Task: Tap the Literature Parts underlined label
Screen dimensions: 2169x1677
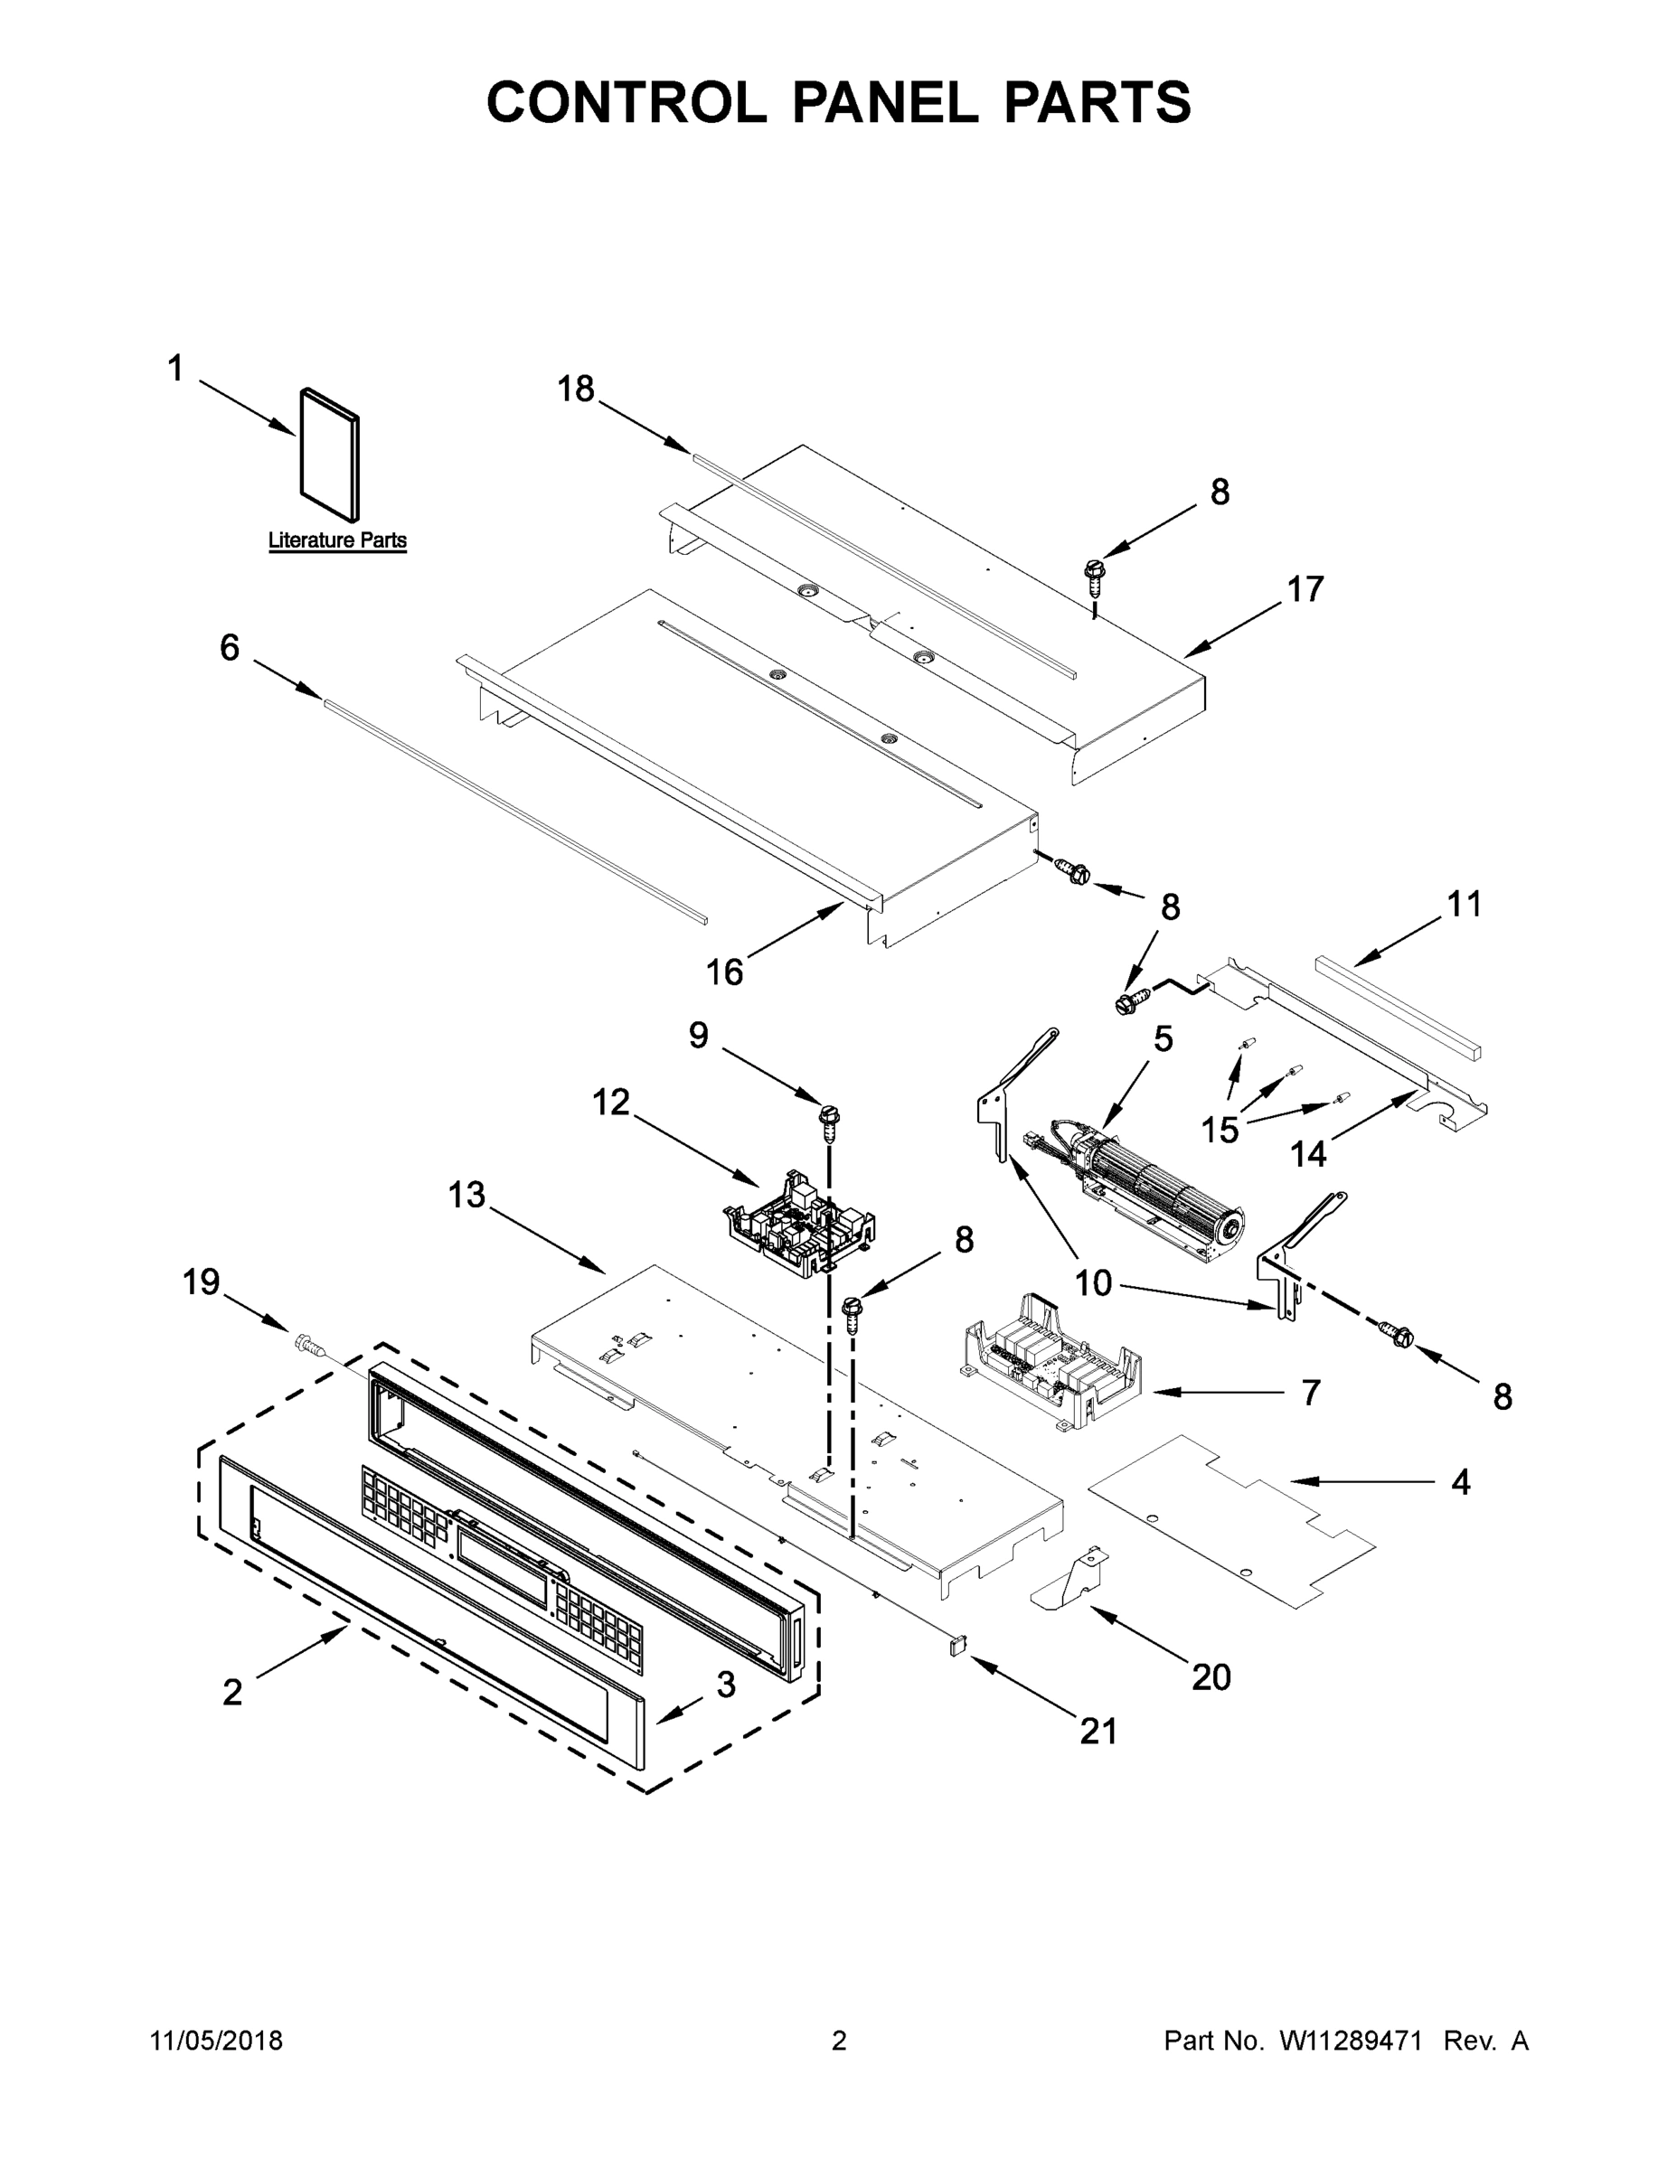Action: [337, 540]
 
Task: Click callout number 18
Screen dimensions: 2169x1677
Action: [575, 389]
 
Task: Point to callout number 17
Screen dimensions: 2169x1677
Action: [1305, 589]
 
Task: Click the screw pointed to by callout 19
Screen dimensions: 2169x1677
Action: [309, 1347]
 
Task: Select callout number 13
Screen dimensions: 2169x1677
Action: [466, 1195]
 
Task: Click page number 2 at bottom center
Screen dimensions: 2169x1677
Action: [839, 2041]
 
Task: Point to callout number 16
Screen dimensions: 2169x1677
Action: [724, 972]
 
